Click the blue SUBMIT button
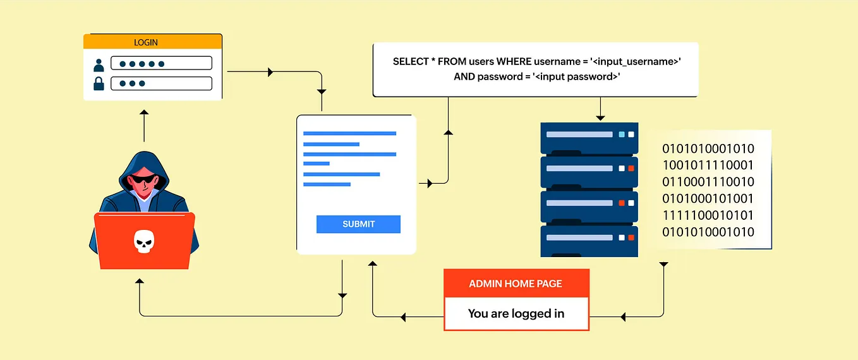point(358,224)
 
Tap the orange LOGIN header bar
point(153,42)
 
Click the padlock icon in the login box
point(99,83)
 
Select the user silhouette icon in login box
point(99,64)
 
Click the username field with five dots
point(161,63)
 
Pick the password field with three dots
point(161,83)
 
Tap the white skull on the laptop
point(143,241)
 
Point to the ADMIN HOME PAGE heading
point(516,284)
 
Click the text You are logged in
point(516,313)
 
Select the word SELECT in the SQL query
point(409,61)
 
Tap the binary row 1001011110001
point(708,165)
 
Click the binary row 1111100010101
point(708,215)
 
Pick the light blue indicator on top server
point(622,135)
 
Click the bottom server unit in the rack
point(589,241)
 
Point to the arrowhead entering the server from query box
point(600,117)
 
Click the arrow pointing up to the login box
point(144,114)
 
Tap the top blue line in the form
point(349,133)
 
